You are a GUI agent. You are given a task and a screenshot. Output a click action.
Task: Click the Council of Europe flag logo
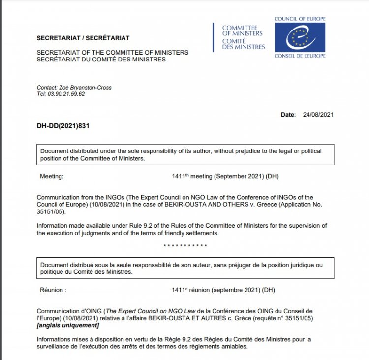click(x=300, y=37)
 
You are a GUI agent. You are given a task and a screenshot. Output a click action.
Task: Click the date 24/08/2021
click(x=317, y=115)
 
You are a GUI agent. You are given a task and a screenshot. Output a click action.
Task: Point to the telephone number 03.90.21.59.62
click(x=66, y=94)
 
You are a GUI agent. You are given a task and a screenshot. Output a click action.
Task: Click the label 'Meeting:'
click(x=52, y=176)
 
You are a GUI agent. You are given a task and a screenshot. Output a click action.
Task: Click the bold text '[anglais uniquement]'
click(x=68, y=325)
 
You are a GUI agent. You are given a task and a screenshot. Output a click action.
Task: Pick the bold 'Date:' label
click(x=288, y=115)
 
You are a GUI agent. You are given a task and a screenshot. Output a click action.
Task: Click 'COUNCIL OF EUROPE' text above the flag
click(x=300, y=19)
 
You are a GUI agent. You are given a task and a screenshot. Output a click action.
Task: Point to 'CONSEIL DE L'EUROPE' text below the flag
click(x=300, y=56)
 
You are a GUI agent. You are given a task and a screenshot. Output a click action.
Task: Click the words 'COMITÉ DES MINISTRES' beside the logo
click(x=243, y=44)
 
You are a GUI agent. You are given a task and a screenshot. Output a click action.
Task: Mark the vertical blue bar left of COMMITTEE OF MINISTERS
click(x=214, y=37)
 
